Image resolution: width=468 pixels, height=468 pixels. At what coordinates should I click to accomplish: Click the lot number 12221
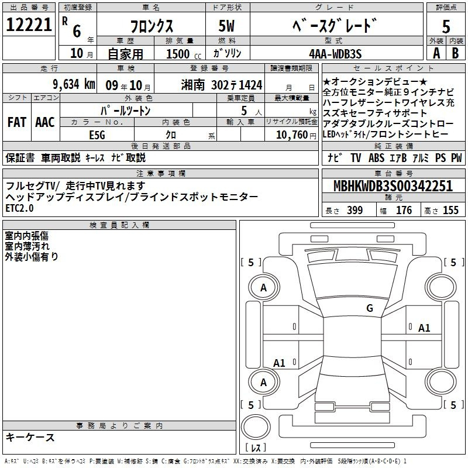point(29,25)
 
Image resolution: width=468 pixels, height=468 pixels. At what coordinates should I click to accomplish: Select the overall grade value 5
point(446,26)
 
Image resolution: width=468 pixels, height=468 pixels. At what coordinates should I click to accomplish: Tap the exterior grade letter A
point(436,53)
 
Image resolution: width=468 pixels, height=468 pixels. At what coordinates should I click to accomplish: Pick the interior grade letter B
point(455,53)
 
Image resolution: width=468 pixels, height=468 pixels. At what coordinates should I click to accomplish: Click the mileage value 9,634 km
point(74,84)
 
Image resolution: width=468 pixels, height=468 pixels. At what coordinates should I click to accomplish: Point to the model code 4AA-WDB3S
point(335,54)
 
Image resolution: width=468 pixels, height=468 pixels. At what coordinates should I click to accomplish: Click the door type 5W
point(226,26)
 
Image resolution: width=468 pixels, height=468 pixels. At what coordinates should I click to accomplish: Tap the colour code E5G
point(97,135)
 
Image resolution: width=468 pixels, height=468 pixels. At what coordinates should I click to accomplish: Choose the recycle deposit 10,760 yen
point(296,135)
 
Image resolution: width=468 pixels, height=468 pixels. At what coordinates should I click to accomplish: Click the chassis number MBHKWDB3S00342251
point(393,186)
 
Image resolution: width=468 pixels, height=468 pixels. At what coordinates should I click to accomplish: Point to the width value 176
point(404,210)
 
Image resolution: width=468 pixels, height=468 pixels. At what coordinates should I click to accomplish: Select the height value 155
point(450,210)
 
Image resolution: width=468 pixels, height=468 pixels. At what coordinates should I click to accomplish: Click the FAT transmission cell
point(17,122)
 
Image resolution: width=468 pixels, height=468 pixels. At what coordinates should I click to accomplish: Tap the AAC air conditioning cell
point(45,122)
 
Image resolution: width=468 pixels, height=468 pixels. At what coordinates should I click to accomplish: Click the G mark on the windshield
point(370,308)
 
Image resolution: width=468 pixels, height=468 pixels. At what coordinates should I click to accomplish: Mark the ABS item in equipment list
point(376,157)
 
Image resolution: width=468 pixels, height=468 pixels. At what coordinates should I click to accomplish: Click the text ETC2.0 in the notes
point(19,208)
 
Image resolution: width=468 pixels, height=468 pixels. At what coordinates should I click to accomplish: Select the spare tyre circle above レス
point(256,427)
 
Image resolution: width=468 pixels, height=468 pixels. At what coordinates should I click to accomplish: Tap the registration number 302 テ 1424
point(237,85)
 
